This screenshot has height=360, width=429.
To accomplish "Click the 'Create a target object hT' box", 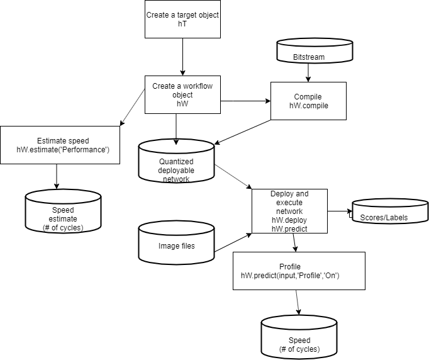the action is pyautogui.click(x=182, y=19).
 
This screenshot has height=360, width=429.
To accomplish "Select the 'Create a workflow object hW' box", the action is pyautogui.click(x=182, y=95).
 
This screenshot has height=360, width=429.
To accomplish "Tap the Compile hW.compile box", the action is pyautogui.click(x=308, y=101).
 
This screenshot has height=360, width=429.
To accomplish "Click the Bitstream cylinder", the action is pyautogui.click(x=315, y=51).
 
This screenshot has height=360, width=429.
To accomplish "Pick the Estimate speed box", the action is pyautogui.click(x=60, y=145).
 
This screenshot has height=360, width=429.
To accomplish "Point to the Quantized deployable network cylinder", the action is pyautogui.click(x=176, y=161).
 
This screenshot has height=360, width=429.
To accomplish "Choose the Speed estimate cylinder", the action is pyautogui.click(x=63, y=211).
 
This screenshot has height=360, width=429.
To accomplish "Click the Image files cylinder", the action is pyautogui.click(x=176, y=242).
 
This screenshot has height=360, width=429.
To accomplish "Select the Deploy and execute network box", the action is pyautogui.click(x=289, y=211).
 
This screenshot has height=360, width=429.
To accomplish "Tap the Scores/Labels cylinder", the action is pyautogui.click(x=390, y=211).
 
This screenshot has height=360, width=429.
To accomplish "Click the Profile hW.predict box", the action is pyautogui.click(x=299, y=271).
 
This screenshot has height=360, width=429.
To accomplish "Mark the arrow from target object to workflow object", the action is pyautogui.click(x=182, y=57).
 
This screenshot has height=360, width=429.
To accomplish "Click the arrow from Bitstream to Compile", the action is pyautogui.click(x=308, y=73).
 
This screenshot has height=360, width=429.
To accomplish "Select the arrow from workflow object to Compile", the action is pyautogui.click(x=245, y=101).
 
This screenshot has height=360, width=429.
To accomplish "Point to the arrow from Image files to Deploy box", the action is pyautogui.click(x=233, y=242).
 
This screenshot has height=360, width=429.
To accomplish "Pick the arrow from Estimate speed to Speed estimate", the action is pyautogui.click(x=57, y=177).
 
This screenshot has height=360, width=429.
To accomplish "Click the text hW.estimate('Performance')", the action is pyautogui.click(x=63, y=150).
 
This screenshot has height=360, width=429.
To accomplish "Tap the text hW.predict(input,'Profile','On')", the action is pyautogui.click(x=290, y=276).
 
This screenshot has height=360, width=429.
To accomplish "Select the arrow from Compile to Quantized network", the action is pyautogui.click(x=242, y=132).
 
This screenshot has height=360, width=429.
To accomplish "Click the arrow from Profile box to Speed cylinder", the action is pyautogui.click(x=297, y=303).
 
